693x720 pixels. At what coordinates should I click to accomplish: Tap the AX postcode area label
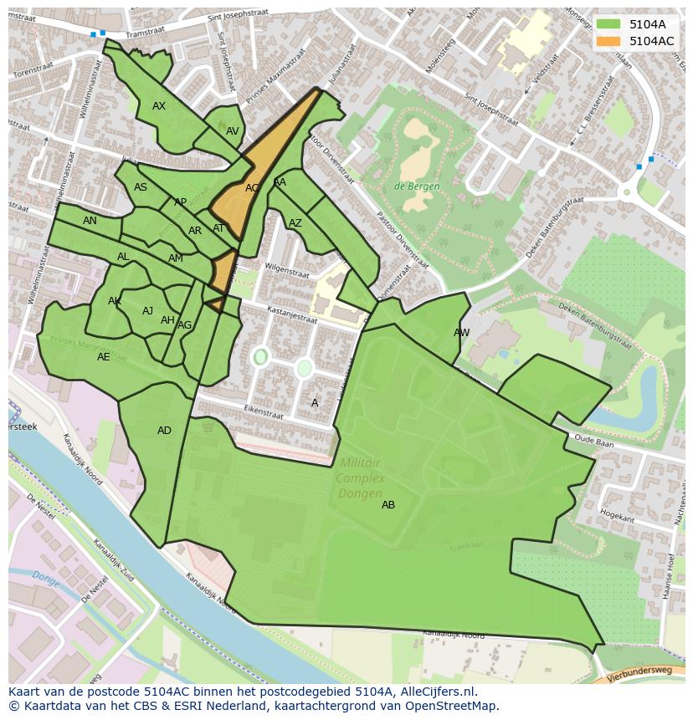(x=159, y=106)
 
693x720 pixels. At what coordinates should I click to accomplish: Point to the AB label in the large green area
(x=388, y=505)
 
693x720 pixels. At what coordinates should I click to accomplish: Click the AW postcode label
(x=461, y=333)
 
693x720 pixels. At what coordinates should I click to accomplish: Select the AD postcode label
(x=164, y=431)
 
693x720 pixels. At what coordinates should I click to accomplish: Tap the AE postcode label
(x=104, y=357)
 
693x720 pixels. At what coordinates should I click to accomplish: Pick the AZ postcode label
(x=295, y=223)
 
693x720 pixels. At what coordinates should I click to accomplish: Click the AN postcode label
(x=90, y=221)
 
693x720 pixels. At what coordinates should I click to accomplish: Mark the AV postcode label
(x=233, y=131)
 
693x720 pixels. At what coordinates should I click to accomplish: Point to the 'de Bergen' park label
(x=417, y=186)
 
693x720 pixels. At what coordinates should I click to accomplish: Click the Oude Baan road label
(x=594, y=443)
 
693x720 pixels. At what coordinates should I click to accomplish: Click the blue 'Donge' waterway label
(x=46, y=577)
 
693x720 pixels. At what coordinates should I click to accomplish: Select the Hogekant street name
(x=617, y=518)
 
